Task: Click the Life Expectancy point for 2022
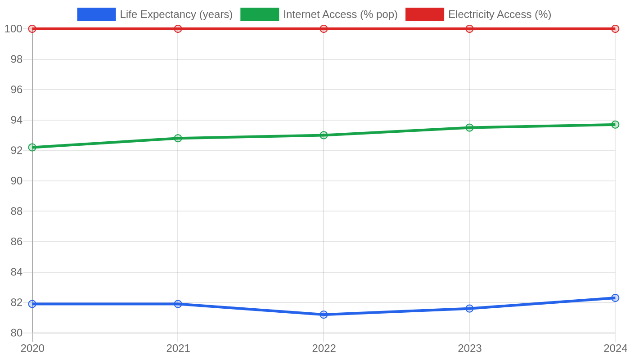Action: point(324,315)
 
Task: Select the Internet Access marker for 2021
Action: point(178,138)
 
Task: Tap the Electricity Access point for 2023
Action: point(469,29)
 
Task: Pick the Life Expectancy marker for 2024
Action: point(615,298)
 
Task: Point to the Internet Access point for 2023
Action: point(469,127)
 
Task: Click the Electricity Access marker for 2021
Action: point(178,29)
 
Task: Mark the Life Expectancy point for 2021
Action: point(178,304)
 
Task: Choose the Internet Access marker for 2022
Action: point(324,135)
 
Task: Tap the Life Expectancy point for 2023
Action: point(469,309)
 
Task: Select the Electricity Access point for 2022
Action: point(324,29)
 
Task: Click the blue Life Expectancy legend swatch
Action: point(96,14)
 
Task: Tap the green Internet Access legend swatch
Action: point(260,14)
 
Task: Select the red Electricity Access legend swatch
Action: point(425,14)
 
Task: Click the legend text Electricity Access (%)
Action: point(500,14)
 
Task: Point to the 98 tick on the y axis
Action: point(17,59)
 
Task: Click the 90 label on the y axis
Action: point(17,181)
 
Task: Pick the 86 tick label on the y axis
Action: point(17,242)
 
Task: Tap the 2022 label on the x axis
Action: point(324,348)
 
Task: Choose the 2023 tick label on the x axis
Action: point(470,348)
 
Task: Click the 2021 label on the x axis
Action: point(178,348)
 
